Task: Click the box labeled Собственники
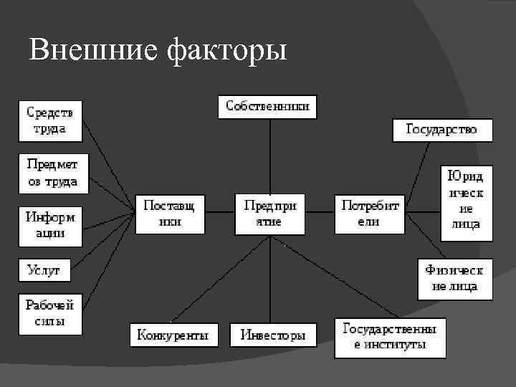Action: pos(267,107)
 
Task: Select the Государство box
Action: pos(443,130)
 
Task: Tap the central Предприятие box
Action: pos(269,214)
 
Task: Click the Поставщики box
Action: pos(170,214)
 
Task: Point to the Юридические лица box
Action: pos(466,203)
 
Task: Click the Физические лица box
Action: pos(455,279)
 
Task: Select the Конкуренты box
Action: pos(174,335)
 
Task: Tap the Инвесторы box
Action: pos(272,335)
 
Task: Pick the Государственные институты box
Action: pos(390,338)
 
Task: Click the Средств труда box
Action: pos(50,120)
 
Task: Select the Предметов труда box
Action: pos(52,173)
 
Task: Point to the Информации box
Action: pos(50,224)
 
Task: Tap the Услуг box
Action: pos(44,270)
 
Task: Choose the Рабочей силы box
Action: pos(50,313)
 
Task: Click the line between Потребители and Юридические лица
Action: pos(421,212)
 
